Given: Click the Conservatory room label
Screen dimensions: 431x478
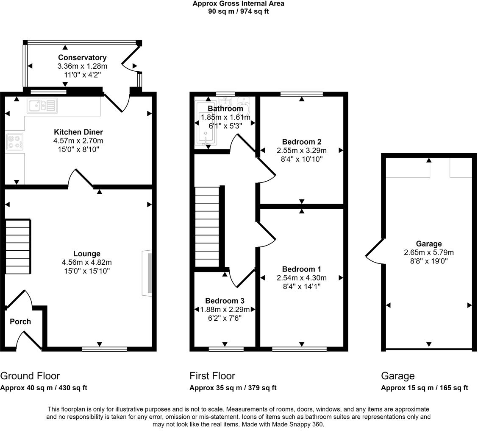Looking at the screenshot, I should tap(82, 58).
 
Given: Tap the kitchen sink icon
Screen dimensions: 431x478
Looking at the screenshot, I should tap(42, 106).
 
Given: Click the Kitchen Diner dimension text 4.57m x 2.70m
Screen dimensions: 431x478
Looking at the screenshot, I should tap(78, 141).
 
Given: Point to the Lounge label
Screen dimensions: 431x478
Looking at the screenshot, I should tap(86, 254).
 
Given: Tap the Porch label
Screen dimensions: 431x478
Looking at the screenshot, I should tap(20, 322).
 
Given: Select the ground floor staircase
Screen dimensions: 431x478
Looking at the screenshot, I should tap(18, 246).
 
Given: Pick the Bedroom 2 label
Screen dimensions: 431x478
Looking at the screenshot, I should tap(302, 142).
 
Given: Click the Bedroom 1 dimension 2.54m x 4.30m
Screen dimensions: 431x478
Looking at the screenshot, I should tap(302, 278).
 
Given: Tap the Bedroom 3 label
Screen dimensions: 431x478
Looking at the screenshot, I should tap(225, 301).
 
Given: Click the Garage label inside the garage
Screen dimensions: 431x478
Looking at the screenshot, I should tap(428, 243).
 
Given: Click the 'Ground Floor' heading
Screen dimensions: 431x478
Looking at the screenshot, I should tap(30, 376).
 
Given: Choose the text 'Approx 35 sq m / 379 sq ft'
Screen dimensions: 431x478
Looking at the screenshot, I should tap(233, 388).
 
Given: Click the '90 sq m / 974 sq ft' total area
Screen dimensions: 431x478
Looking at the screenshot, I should tap(238, 11).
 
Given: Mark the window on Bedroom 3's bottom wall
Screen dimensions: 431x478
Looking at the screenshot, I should tap(226, 349).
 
